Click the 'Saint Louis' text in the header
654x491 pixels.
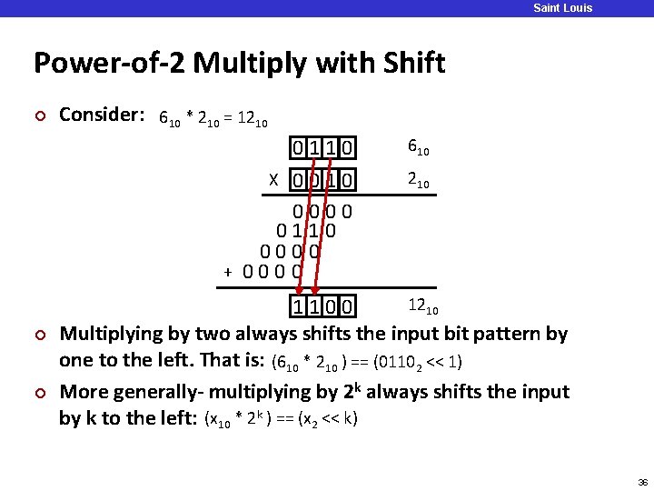[562, 8]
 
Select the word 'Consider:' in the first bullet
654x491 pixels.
[102, 115]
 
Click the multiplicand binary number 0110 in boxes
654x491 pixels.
[322, 146]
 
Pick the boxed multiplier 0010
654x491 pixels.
[322, 181]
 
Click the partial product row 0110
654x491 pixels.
[306, 231]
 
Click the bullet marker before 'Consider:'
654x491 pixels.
[38, 115]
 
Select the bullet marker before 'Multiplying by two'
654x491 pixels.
[38, 335]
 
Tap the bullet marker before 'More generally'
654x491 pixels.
[38, 393]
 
